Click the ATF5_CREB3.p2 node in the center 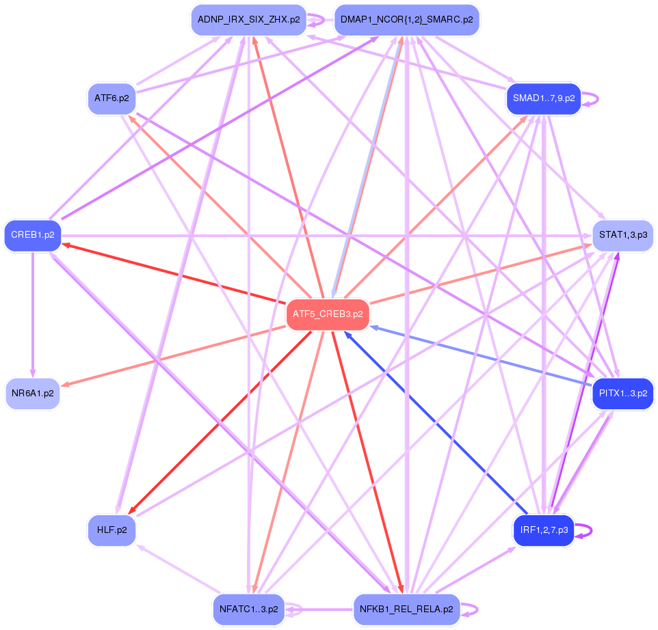(328, 314)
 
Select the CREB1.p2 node (33, 235)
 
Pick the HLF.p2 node (111, 530)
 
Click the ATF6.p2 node (111, 98)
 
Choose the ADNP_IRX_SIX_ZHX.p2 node (248, 20)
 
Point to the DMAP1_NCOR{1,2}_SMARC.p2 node (406, 20)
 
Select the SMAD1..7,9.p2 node (544, 98)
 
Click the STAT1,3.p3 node (622, 235)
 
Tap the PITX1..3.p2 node (622, 394)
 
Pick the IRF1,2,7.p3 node (544, 530)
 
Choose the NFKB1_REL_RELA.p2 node (406, 609)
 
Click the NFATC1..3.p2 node (248, 609)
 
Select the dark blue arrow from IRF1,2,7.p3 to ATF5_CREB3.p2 (438, 424)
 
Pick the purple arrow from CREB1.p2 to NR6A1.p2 (33, 314)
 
